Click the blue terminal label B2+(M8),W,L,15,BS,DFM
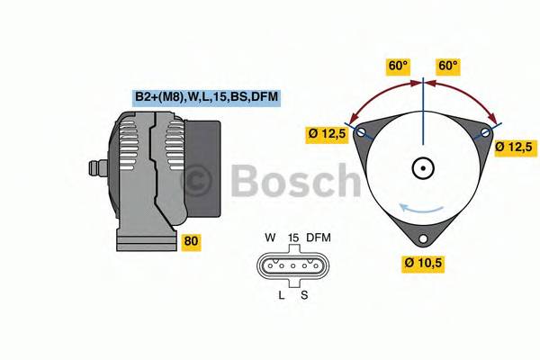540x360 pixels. pyautogui.click(x=207, y=97)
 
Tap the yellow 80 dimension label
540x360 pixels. pyautogui.click(x=191, y=241)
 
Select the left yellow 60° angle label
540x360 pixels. pyautogui.click(x=398, y=67)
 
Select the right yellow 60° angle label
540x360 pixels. pyautogui.click(x=448, y=67)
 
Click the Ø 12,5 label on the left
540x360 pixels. pyautogui.click(x=327, y=135)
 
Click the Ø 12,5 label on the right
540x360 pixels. pyautogui.click(x=516, y=146)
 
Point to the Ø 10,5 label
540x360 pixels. pyautogui.click(x=425, y=263)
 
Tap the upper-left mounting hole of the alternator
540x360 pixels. pyautogui.click(x=362, y=133)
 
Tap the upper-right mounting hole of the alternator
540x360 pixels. pyautogui.click(x=485, y=133)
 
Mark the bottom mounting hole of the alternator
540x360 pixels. pyautogui.click(x=423, y=239)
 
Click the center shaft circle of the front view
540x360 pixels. pyautogui.click(x=423, y=167)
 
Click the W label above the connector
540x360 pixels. pyautogui.click(x=270, y=238)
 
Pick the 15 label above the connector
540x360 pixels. pyautogui.click(x=292, y=238)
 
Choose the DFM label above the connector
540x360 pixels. pyautogui.click(x=319, y=238)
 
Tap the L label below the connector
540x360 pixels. pyautogui.click(x=281, y=294)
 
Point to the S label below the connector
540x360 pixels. pyautogui.click(x=304, y=294)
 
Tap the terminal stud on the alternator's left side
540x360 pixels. pyautogui.click(x=94, y=168)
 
